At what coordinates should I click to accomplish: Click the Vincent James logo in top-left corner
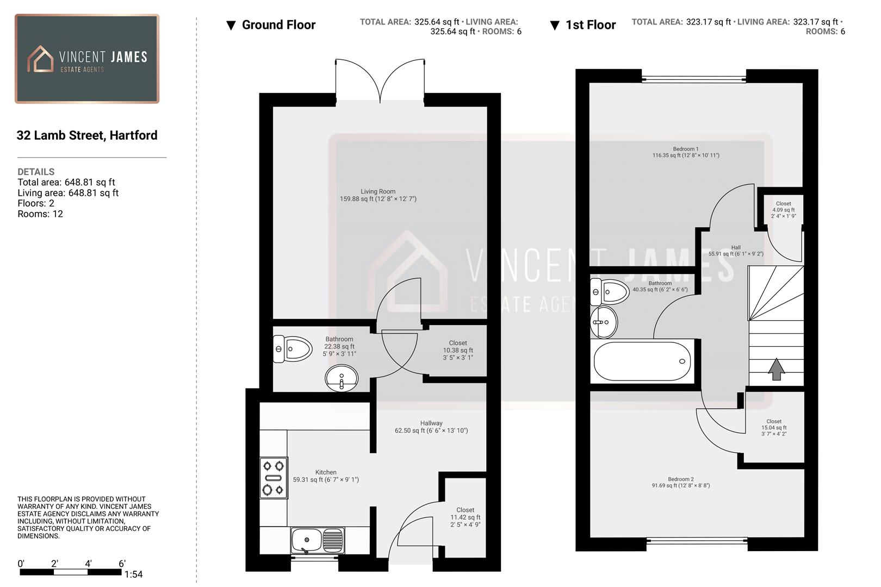point(87,59)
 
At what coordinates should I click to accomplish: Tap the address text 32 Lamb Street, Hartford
point(87,135)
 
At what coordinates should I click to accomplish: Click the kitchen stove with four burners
point(274,478)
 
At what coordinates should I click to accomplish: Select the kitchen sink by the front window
point(317,540)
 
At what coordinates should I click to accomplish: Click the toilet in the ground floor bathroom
point(293,349)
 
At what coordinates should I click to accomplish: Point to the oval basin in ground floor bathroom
point(342,377)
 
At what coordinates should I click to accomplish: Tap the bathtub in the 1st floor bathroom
point(642,361)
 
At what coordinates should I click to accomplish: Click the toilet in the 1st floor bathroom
point(609,292)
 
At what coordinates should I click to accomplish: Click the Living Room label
point(378,195)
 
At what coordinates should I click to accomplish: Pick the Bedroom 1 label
point(686,152)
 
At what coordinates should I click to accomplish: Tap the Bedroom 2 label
point(681,482)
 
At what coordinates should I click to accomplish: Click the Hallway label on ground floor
point(431,427)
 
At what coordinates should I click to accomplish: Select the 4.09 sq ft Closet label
point(783,210)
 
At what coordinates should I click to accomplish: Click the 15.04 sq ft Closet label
point(773,427)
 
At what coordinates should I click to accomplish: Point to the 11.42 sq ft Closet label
point(465,517)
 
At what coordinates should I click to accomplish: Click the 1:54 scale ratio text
point(133,574)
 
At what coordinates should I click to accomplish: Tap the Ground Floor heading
point(278,25)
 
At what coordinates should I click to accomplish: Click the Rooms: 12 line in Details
point(40,214)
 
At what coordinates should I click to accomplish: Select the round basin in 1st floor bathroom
point(604,322)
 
